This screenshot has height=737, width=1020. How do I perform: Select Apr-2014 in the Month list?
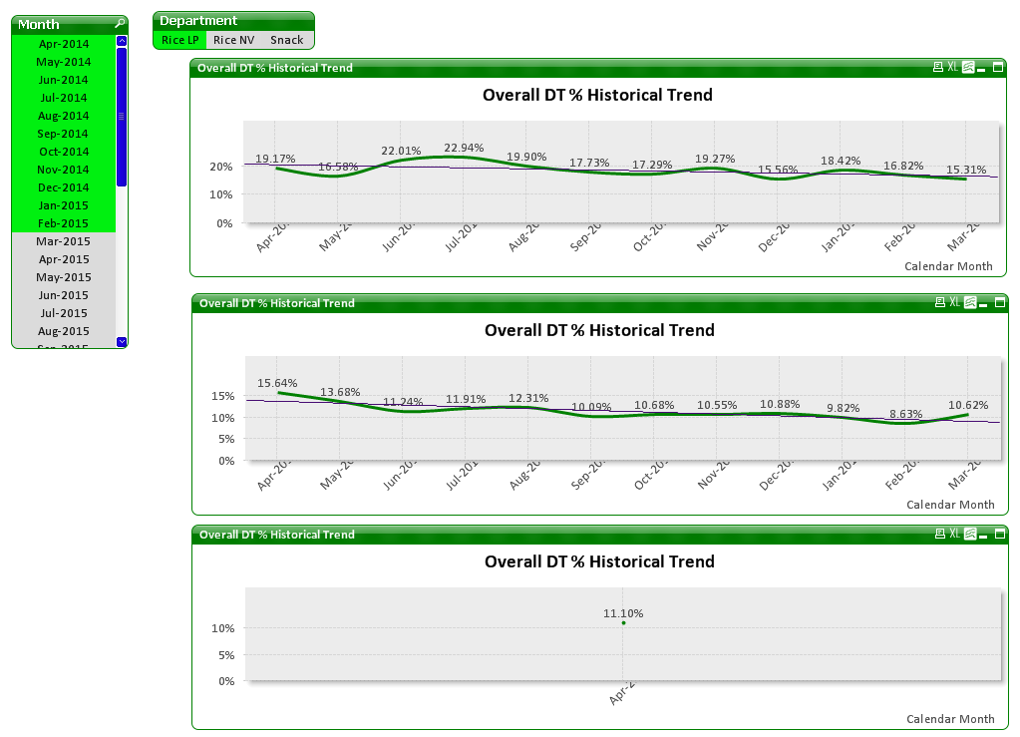coord(64,44)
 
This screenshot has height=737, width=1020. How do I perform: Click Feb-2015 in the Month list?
coord(64,223)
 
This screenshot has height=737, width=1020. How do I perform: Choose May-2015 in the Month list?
coord(64,277)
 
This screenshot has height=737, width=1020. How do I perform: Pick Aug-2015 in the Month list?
coord(64,331)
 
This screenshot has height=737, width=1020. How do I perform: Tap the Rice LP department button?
coord(180,40)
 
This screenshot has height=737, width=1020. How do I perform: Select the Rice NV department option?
coord(234,40)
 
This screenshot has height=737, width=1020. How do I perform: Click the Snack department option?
coord(287,40)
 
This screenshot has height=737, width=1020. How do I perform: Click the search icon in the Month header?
coord(120,23)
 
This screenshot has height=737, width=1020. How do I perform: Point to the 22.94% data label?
coord(465,148)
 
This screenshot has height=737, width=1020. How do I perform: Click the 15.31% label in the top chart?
coord(966,170)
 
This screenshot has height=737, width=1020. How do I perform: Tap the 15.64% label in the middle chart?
coord(277,383)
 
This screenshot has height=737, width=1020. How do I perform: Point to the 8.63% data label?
coord(906,414)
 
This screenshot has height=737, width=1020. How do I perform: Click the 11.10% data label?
coord(623,613)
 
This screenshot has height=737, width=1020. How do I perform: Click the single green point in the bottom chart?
coord(623,623)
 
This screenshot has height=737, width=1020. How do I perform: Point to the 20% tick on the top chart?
coord(221,167)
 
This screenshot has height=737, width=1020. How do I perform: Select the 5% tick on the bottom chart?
coord(225,655)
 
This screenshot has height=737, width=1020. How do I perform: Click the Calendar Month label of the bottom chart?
coord(950,719)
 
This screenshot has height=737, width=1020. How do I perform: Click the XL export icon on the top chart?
coord(953,68)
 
